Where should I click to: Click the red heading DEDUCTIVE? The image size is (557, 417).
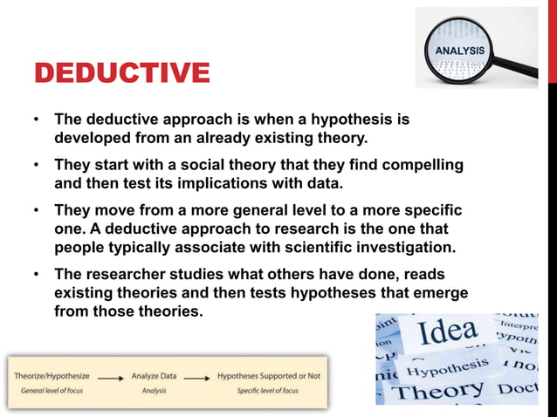tap(121, 72)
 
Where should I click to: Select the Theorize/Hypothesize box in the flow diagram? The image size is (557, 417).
tap(52, 376)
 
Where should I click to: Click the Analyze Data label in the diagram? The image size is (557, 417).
tap(154, 376)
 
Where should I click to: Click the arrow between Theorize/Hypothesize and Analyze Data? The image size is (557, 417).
tap(108, 377)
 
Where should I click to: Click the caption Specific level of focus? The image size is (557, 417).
tap(267, 390)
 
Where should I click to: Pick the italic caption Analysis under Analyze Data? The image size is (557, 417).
tap(154, 390)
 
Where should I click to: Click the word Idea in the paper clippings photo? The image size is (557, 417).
tap(448, 332)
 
